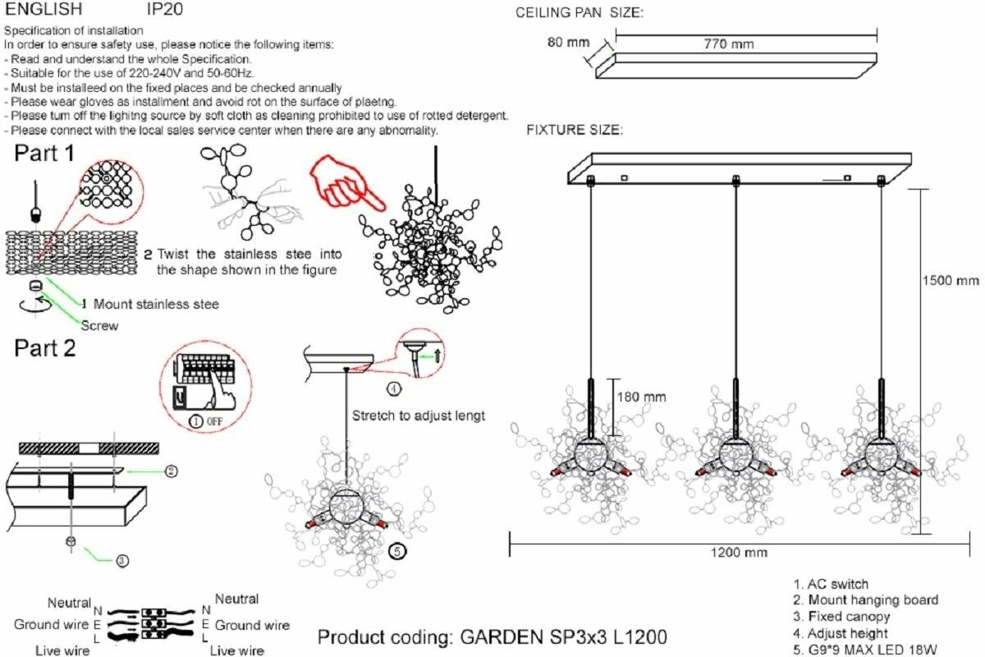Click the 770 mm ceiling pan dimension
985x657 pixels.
tap(730, 44)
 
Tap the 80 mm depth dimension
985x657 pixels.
tap(566, 42)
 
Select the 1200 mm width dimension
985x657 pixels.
tap(739, 553)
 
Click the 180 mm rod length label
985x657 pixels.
tap(641, 397)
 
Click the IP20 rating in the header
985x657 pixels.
tap(164, 10)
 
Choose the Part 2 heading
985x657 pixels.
tap(44, 348)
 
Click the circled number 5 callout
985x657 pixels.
tap(396, 551)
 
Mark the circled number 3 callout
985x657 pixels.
tap(121, 562)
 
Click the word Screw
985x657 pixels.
tap(99, 325)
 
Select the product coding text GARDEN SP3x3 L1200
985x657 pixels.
tap(492, 637)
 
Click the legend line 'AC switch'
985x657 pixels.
tap(831, 585)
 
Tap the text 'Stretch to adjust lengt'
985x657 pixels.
tap(418, 416)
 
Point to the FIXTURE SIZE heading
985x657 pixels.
tap(575, 131)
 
